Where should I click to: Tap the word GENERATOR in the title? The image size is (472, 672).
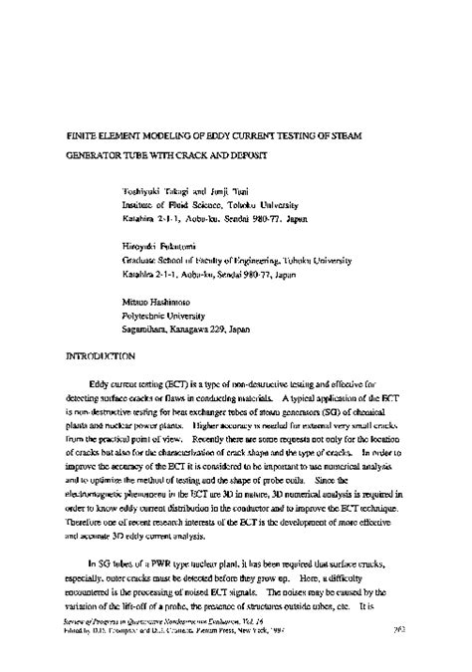(x=101, y=156)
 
